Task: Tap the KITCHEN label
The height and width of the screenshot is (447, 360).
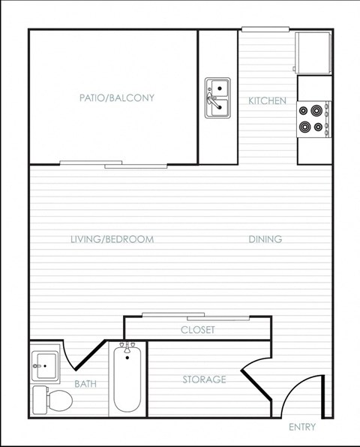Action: pyautogui.click(x=267, y=100)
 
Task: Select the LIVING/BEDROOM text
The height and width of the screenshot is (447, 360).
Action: pyautogui.click(x=112, y=240)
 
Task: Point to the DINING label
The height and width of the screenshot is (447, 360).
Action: pyautogui.click(x=265, y=240)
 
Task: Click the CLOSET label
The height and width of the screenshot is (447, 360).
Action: pyautogui.click(x=198, y=330)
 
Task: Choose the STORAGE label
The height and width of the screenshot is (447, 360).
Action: pyautogui.click(x=204, y=379)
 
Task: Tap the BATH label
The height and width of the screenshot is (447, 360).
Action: pyautogui.click(x=85, y=384)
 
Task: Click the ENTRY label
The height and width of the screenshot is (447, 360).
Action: pyautogui.click(x=302, y=427)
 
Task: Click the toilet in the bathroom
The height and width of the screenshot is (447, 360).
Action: pyautogui.click(x=52, y=400)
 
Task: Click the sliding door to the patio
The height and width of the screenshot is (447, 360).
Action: pyautogui.click(x=114, y=163)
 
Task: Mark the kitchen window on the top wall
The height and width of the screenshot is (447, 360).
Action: pyautogui.click(x=265, y=29)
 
